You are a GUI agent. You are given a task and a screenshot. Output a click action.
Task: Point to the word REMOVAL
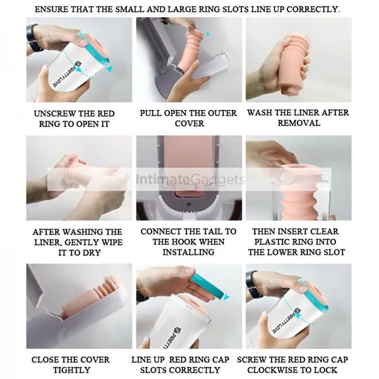coord(299,123)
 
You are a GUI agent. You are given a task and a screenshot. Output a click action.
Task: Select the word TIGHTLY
coord(72,370)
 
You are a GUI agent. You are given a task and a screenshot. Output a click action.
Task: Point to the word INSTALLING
coord(188,252)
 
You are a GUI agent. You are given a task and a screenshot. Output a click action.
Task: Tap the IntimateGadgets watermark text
coord(190,179)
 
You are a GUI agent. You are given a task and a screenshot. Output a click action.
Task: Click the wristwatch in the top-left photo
coord(34,38)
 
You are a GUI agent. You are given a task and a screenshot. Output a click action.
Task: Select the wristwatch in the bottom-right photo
coord(254,284)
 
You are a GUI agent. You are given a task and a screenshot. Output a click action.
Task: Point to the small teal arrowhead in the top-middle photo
coord(208,35)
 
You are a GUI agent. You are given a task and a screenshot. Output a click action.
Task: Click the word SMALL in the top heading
coord(130,9)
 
